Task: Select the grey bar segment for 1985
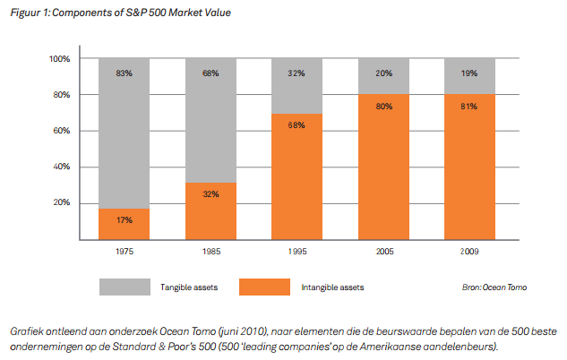tap(212, 121)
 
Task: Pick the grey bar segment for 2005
tap(383, 76)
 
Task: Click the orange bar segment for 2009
tap(468, 167)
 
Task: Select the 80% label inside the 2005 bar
tap(383, 107)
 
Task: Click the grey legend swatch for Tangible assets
tap(125, 287)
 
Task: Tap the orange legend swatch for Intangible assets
tap(264, 287)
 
